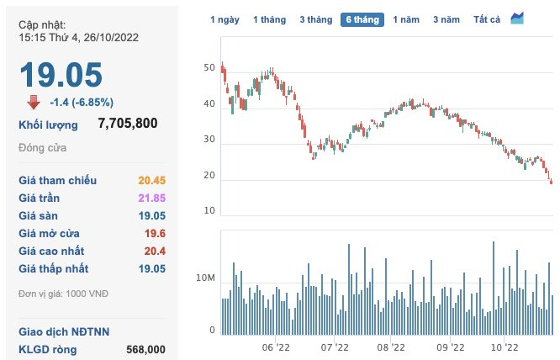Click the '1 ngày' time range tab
(225, 19)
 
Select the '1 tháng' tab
(270, 19)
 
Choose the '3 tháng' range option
(315, 19)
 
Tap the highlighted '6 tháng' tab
(362, 19)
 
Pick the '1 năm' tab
(407, 19)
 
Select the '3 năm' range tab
(447, 19)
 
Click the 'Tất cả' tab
(487, 19)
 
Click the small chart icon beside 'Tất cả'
(517, 19)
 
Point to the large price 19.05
(61, 75)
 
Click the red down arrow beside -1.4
(34, 103)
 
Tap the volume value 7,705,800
(128, 124)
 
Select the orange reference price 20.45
(151, 180)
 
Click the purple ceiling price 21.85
(151, 198)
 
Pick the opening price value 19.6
(155, 233)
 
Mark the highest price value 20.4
(155, 251)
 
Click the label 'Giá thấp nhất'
(54, 268)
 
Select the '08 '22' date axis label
(392, 347)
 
